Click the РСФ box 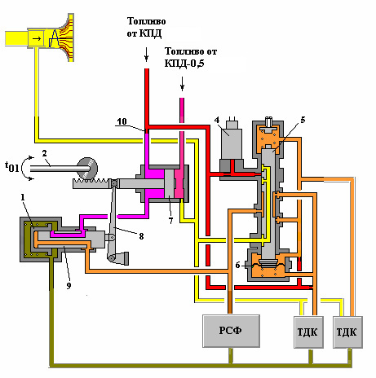231,331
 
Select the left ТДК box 308,332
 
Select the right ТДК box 347,332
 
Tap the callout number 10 122,121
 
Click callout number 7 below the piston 170,221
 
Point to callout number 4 217,120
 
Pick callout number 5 303,120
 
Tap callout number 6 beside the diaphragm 237,265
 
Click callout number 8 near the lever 141,236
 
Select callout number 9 69,285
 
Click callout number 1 23,197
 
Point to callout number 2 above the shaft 45,153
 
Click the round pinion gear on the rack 87,168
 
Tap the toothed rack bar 91,183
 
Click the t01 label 12,166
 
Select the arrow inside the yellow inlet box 37,38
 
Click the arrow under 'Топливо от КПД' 147,54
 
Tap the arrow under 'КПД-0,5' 182,83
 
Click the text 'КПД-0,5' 184,64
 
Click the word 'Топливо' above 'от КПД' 146,21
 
